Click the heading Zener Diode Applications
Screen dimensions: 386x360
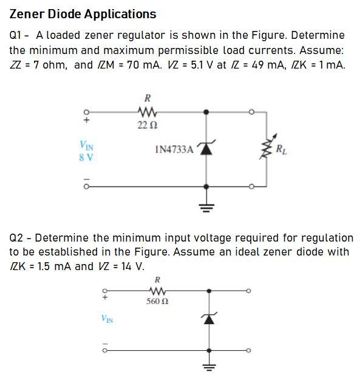83,14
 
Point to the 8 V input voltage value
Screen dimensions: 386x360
86,157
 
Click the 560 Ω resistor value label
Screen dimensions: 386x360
158,302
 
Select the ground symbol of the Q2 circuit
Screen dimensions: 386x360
209,368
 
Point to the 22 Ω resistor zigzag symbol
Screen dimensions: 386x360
146,112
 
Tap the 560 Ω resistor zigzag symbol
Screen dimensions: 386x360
158,291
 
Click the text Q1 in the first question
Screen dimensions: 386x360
16,35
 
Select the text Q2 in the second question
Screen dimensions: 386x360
16,237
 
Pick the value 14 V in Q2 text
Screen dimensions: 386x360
131,266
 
